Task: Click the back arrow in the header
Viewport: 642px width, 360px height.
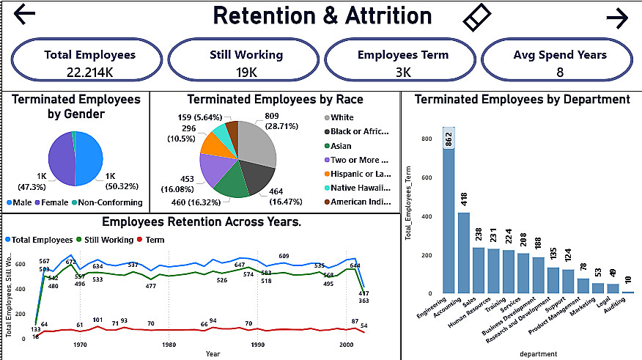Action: pyautogui.click(x=24, y=15)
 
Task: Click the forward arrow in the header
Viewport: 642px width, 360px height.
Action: pyautogui.click(x=617, y=18)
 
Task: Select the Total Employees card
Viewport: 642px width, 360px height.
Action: pyautogui.click(x=89, y=62)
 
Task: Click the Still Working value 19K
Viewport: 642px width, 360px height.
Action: pyautogui.click(x=246, y=72)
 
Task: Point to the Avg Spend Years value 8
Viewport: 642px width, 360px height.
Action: pyautogui.click(x=559, y=72)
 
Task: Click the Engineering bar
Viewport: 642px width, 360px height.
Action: pyautogui.click(x=448, y=213)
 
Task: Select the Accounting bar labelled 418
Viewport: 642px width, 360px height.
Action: pyautogui.click(x=463, y=253)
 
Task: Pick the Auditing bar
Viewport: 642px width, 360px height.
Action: pyautogui.click(x=628, y=293)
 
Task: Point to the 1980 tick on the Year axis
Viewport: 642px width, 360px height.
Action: pyautogui.click(x=169, y=345)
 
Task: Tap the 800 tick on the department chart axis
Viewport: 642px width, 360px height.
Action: pyautogui.click(x=426, y=137)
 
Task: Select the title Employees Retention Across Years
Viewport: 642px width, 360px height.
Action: pyautogui.click(x=202, y=221)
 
